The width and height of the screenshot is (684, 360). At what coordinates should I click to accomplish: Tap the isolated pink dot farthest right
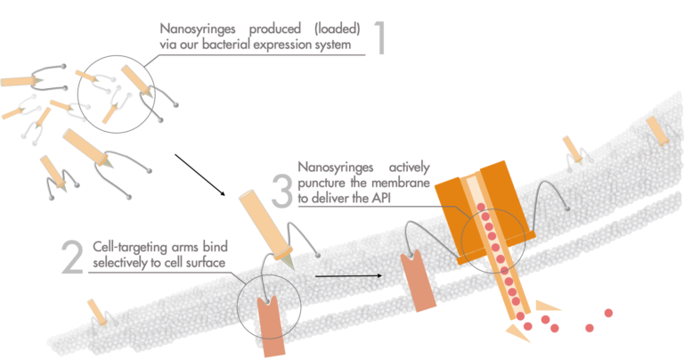pyautogui.click(x=608, y=313)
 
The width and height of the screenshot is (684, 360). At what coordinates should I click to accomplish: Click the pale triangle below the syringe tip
pyautogui.click(x=514, y=334)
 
